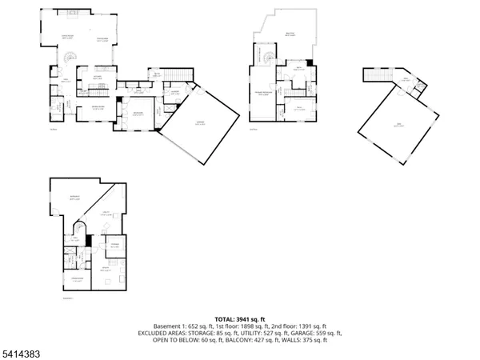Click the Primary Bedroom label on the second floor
tap(262, 94)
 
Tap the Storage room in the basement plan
tap(114, 246)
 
